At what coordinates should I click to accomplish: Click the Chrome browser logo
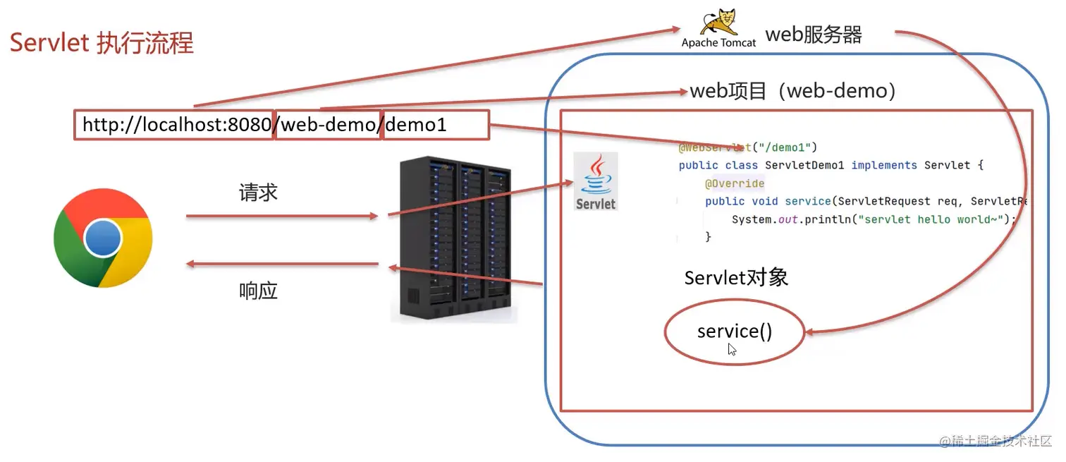[x=103, y=238]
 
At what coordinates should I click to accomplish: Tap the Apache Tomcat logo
[x=718, y=28]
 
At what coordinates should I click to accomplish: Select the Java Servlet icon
[x=596, y=181]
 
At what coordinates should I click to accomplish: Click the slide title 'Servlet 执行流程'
[x=102, y=43]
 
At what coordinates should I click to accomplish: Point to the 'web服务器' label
[x=814, y=35]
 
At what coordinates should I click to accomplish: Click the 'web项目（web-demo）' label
[x=792, y=91]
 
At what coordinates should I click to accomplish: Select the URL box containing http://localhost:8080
[x=173, y=126]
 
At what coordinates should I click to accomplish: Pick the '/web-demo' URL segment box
[x=328, y=126]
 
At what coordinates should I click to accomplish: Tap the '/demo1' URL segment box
[x=435, y=126]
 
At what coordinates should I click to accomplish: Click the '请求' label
[x=259, y=193]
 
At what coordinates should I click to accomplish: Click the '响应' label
[x=259, y=290]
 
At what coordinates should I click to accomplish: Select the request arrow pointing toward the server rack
[x=282, y=216]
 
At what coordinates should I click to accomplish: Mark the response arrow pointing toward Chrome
[x=282, y=265]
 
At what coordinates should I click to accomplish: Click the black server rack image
[x=454, y=240]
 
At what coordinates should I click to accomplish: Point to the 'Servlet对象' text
[x=736, y=278]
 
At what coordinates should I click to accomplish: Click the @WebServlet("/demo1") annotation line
[x=747, y=147]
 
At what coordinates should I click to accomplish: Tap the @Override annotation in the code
[x=735, y=183]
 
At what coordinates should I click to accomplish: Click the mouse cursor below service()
[x=732, y=349]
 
